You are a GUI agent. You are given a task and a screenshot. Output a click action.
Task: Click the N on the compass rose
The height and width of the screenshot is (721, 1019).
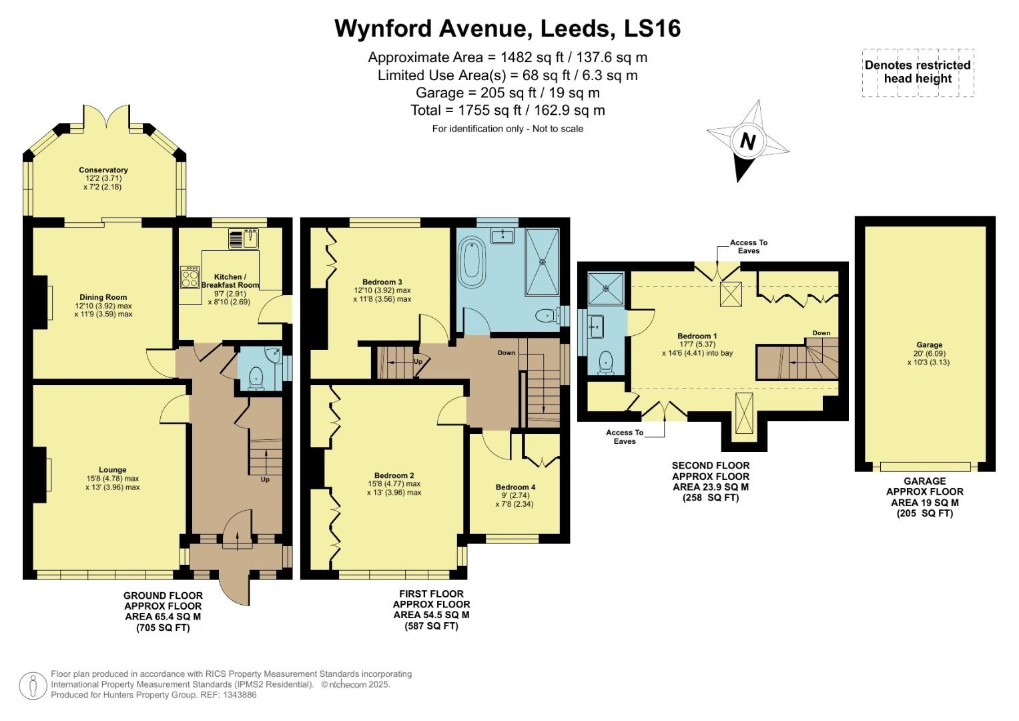click(747, 142)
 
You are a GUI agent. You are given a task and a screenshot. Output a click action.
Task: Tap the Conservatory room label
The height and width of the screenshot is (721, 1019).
click(103, 170)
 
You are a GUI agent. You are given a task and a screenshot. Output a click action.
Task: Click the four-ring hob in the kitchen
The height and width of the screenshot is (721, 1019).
click(190, 277)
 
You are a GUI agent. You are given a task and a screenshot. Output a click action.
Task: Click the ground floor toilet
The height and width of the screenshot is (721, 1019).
click(256, 379)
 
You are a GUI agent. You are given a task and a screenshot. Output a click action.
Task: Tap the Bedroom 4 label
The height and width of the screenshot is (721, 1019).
click(515, 487)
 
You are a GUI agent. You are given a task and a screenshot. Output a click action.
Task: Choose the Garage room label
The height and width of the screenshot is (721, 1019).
click(929, 345)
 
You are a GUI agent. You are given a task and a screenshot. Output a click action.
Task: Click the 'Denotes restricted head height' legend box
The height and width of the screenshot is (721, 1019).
click(918, 72)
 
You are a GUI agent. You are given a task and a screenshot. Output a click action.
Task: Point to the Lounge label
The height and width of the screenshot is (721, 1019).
click(112, 470)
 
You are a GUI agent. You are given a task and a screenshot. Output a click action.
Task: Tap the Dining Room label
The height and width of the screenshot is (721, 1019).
click(103, 297)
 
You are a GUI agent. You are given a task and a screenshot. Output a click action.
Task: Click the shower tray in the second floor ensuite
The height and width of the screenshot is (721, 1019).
click(606, 288)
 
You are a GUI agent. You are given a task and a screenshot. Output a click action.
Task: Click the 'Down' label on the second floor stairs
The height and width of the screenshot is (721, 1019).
click(821, 333)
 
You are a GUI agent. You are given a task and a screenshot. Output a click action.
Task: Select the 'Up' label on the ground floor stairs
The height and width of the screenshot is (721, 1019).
click(265, 479)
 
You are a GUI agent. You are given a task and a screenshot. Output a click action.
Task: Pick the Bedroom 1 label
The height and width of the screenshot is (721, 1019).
click(697, 336)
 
